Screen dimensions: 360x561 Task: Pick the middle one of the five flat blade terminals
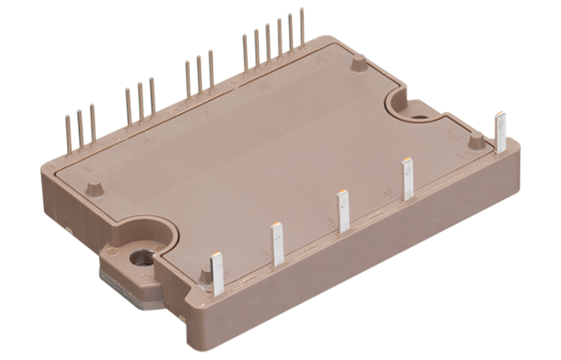click(x=343, y=211)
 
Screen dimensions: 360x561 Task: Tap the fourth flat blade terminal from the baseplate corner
click(x=408, y=180)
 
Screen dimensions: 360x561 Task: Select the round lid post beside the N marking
click(x=482, y=140)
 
